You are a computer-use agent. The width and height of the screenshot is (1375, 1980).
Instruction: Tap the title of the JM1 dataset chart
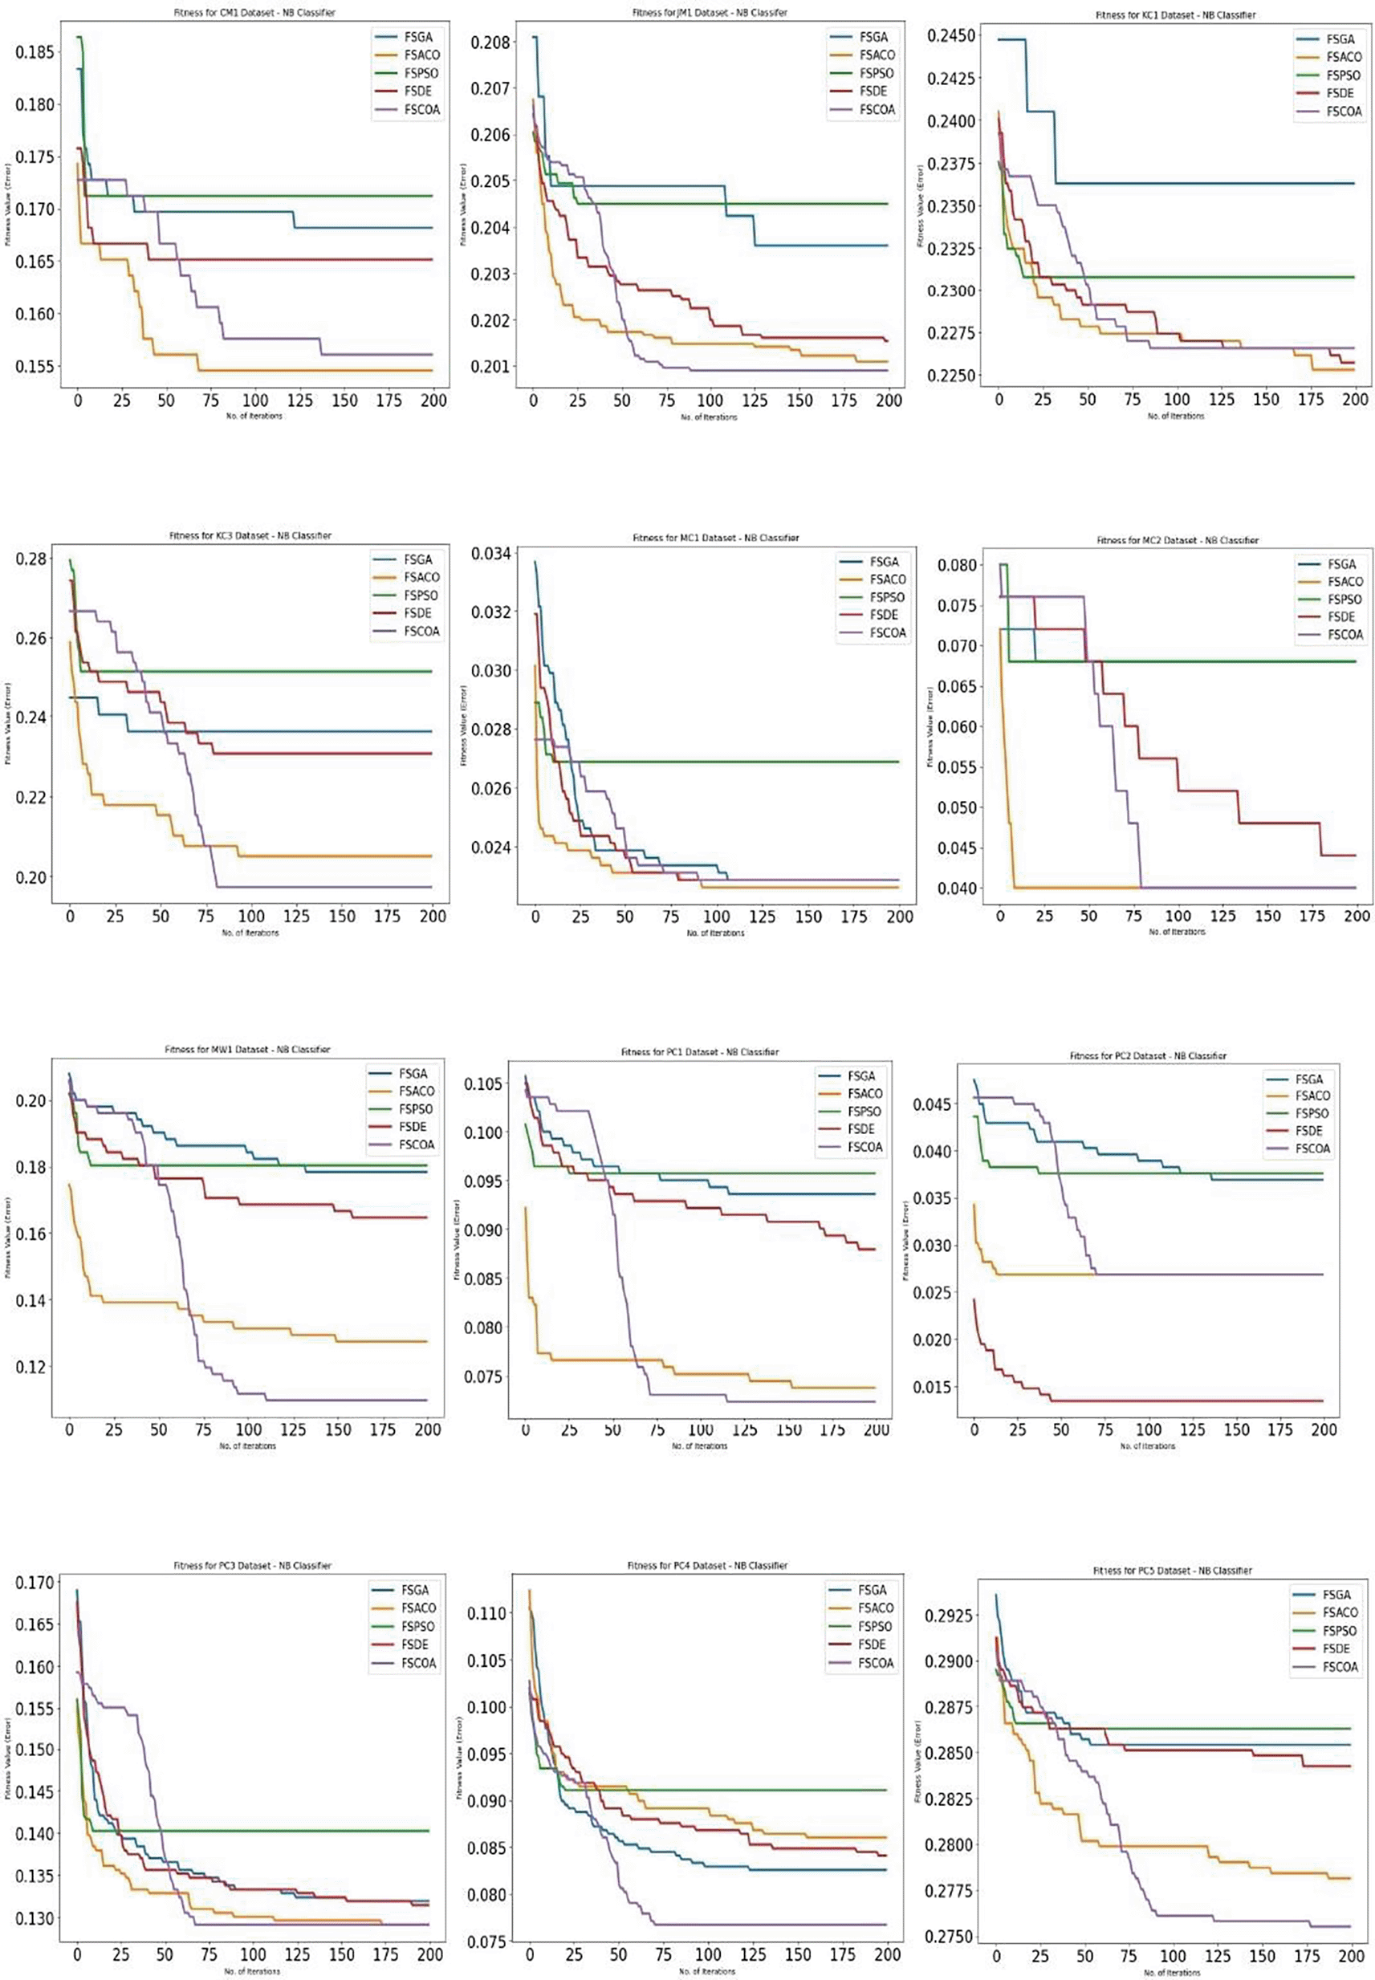click(709, 13)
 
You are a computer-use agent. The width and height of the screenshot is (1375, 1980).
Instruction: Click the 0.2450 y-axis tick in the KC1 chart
click(952, 35)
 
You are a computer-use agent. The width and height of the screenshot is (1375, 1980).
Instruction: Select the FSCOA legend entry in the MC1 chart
click(888, 633)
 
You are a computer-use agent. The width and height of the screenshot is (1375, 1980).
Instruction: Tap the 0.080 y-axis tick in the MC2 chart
click(957, 566)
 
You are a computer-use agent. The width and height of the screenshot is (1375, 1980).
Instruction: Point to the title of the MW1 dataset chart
click(247, 1050)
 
